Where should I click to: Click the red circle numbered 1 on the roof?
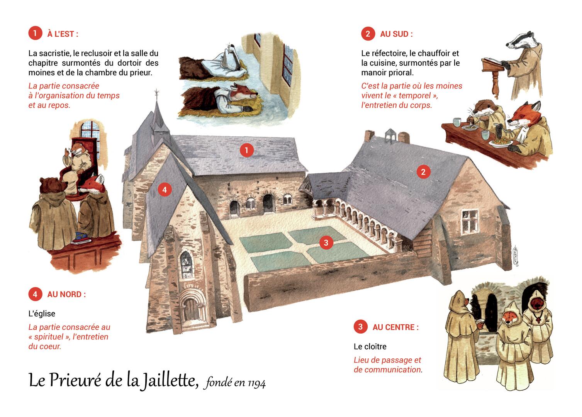[246, 150]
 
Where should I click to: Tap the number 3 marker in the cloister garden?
[326, 242]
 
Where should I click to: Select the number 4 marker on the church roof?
[165, 190]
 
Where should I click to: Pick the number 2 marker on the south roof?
[423, 172]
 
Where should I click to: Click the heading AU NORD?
[66, 294]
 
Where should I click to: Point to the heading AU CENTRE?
[395, 327]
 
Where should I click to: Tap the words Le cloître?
[370, 346]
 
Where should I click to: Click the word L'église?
[42, 314]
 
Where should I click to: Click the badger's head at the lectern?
[518, 42]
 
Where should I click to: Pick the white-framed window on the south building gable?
[470, 222]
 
